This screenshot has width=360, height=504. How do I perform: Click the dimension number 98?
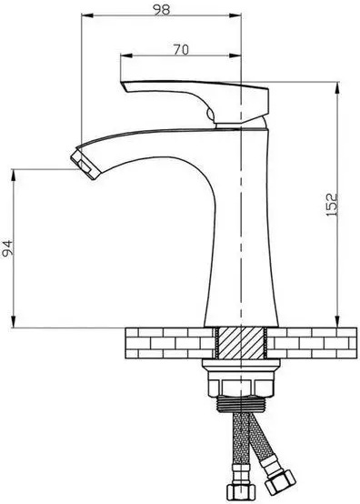(161, 10)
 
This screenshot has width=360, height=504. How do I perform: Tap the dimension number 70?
(181, 50)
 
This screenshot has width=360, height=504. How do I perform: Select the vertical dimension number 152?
(332, 204)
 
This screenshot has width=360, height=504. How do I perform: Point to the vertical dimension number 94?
(7, 247)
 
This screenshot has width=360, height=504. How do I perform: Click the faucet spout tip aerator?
(84, 163)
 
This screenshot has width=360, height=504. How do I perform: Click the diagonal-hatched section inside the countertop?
(241, 343)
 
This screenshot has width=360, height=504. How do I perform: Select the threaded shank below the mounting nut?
(241, 404)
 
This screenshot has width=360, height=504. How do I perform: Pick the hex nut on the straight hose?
(241, 492)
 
